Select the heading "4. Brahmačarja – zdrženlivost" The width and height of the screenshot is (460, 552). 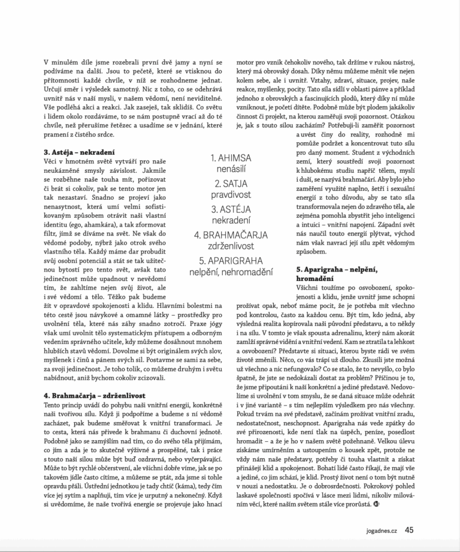(95, 395)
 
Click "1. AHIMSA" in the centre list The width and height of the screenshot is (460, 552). (231, 158)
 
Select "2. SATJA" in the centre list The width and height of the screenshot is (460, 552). (231, 184)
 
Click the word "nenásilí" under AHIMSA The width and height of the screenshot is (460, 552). (231, 170)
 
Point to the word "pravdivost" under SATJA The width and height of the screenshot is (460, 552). (231, 196)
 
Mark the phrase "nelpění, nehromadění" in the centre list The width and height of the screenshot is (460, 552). (231, 272)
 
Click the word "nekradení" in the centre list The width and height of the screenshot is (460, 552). (231, 221)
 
